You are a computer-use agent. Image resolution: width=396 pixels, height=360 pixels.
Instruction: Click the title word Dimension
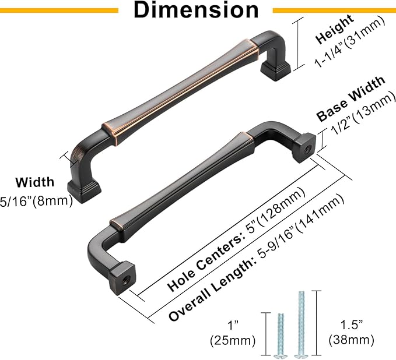196,10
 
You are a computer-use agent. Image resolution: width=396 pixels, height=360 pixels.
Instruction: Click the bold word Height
334,30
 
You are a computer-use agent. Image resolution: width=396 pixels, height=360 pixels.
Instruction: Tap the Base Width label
351,98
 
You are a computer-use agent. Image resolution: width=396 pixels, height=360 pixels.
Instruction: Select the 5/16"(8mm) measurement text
36,202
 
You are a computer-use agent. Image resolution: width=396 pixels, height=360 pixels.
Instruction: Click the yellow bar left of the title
59,10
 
